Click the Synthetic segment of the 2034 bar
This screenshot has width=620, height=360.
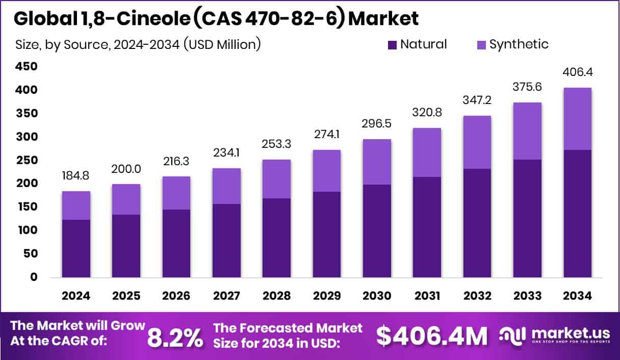577,118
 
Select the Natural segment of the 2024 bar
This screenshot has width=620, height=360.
76,248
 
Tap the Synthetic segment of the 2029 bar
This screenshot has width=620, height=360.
327,170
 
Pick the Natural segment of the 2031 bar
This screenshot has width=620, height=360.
427,227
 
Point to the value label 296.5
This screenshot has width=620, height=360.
377,124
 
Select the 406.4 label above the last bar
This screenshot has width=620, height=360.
577,72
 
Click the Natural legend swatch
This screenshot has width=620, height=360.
392,45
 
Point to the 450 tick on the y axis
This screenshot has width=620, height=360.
26,67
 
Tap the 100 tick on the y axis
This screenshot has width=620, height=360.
26,230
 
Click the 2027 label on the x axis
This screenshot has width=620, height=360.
226,296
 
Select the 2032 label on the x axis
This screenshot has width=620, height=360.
477,296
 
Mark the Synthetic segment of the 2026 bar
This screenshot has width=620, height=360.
176,193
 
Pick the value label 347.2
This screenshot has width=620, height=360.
477,100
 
